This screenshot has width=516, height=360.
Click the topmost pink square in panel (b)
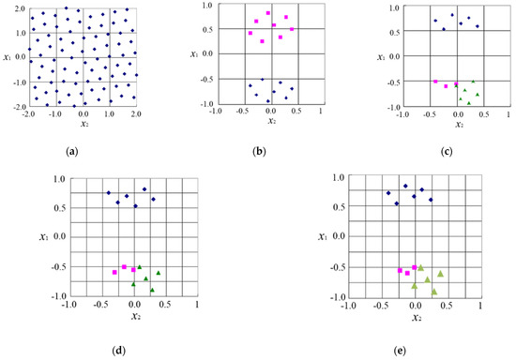(x=268, y=13)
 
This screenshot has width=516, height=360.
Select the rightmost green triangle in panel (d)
(x=159, y=273)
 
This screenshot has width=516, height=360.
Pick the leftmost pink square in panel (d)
(x=114, y=272)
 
